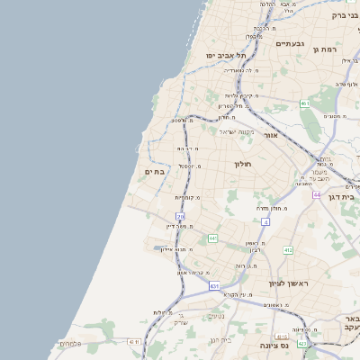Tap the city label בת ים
click(x=155, y=171)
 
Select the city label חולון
click(x=245, y=165)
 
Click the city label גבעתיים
click(x=290, y=43)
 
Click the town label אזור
click(x=271, y=135)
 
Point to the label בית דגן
click(x=345, y=194)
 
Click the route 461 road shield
click(x=305, y=103)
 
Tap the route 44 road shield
click(x=317, y=194)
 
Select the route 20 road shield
click(x=181, y=217)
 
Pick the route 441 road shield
click(x=213, y=238)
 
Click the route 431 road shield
click(x=214, y=285)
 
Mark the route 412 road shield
click(x=288, y=250)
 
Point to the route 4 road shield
click(x=265, y=221)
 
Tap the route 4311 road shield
click(x=135, y=342)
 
